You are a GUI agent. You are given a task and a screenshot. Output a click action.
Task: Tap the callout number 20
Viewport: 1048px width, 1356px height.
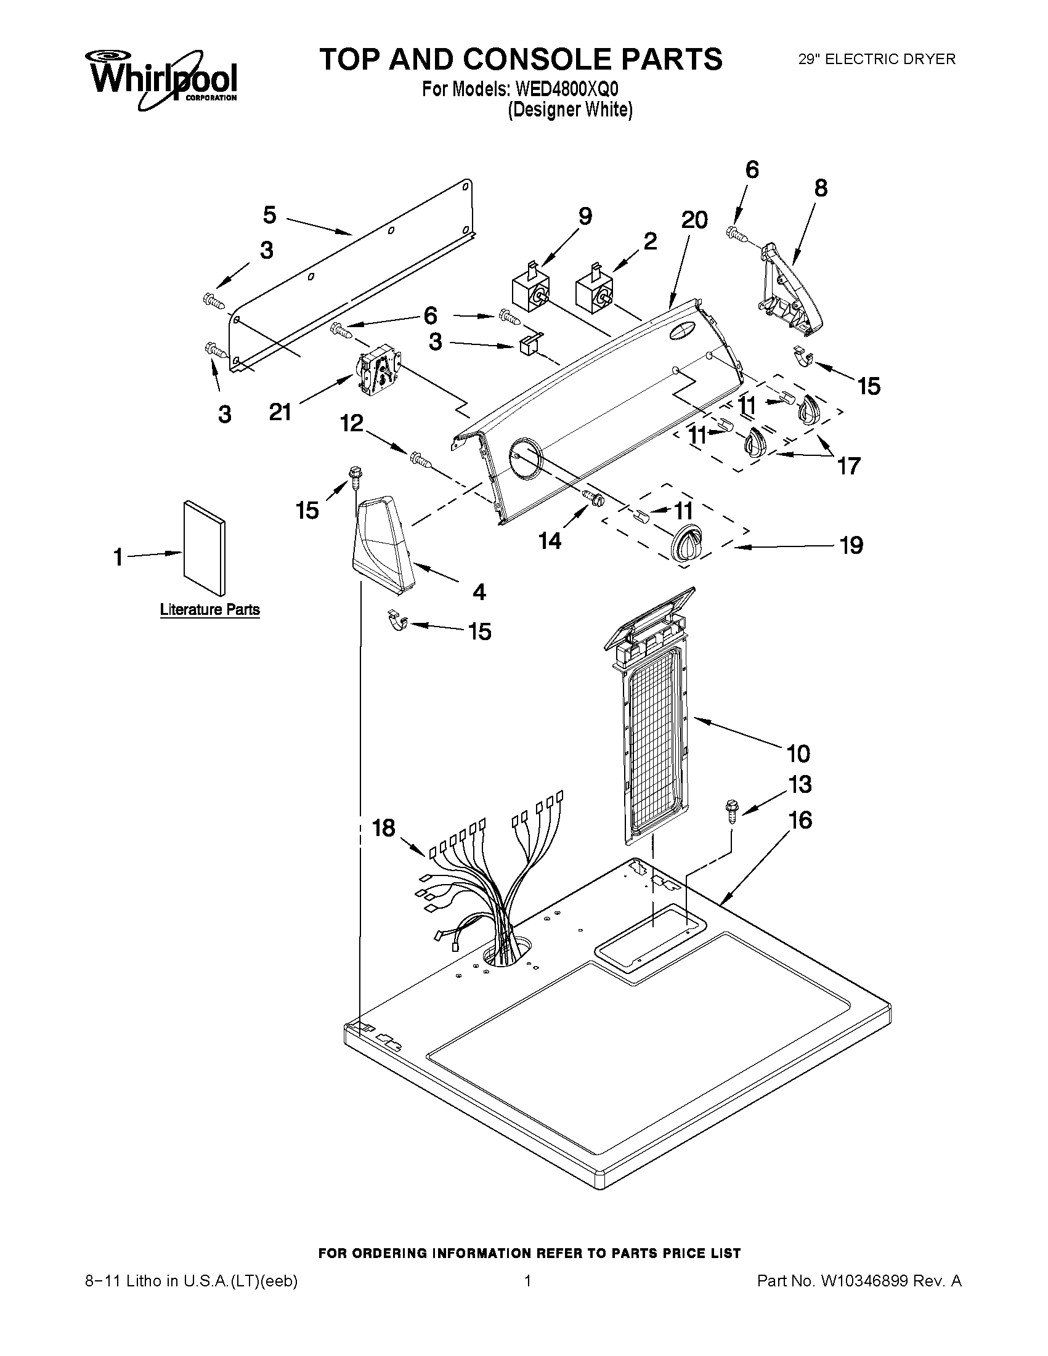[x=694, y=220]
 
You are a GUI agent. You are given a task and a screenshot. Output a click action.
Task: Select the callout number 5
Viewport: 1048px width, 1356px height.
[x=269, y=216]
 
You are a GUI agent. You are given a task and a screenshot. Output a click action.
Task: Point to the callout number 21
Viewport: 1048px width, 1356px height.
[x=280, y=412]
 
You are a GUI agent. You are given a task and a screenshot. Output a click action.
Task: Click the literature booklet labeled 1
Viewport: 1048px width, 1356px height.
[x=204, y=548]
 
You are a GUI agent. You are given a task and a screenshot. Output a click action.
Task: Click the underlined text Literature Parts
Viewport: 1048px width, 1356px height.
[x=210, y=610]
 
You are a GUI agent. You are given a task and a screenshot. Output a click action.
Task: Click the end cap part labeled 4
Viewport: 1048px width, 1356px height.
[x=383, y=544]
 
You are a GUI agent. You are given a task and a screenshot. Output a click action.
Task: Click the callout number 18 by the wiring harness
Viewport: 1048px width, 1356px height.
[x=384, y=827]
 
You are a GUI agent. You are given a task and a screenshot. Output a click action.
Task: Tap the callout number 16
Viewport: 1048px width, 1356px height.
[x=800, y=819]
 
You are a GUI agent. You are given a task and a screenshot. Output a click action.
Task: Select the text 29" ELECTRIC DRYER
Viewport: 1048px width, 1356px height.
[x=877, y=59]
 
